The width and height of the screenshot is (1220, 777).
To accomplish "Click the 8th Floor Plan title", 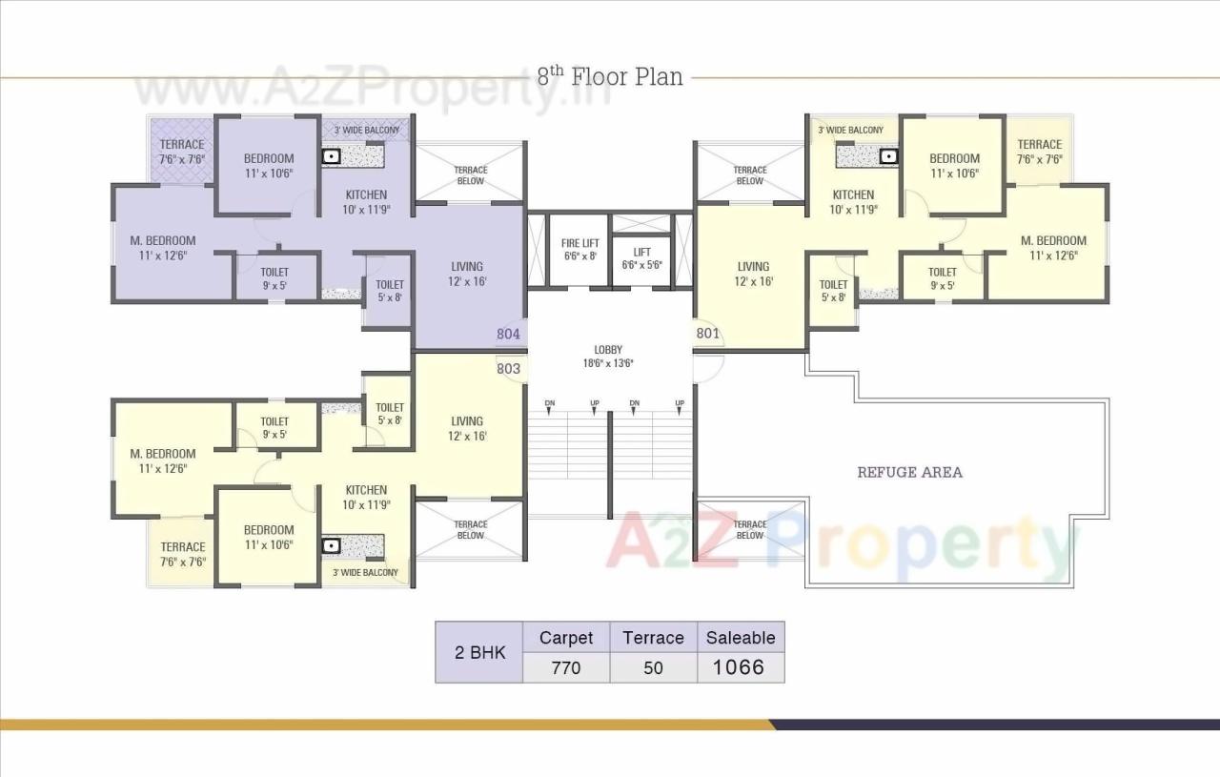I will click(610, 76).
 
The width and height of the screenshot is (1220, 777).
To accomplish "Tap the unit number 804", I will click(508, 334).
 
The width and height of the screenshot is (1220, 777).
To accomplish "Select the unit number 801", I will click(707, 334).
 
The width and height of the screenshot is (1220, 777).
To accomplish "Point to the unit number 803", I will click(508, 368).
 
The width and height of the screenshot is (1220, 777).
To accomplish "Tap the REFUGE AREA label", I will click(909, 472).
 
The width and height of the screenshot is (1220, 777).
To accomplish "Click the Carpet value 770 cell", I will click(565, 668).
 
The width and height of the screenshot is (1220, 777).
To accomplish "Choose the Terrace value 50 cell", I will click(653, 668).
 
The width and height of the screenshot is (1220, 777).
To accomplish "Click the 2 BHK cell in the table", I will click(478, 653).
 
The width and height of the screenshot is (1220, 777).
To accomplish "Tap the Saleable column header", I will click(741, 638).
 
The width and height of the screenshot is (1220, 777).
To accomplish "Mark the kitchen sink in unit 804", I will click(332, 156).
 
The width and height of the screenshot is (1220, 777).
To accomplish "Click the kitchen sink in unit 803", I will click(332, 546).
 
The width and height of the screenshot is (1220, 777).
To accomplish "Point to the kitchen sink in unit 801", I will click(887, 155).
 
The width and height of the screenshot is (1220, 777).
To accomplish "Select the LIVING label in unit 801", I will click(753, 274).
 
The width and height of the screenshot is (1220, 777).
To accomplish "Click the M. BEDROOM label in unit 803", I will click(163, 460).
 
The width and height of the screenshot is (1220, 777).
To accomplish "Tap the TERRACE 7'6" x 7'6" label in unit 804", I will click(182, 152).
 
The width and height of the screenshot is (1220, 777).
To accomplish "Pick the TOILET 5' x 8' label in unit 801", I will click(833, 291).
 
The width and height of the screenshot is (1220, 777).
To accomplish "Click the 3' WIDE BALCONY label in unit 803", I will click(365, 573).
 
